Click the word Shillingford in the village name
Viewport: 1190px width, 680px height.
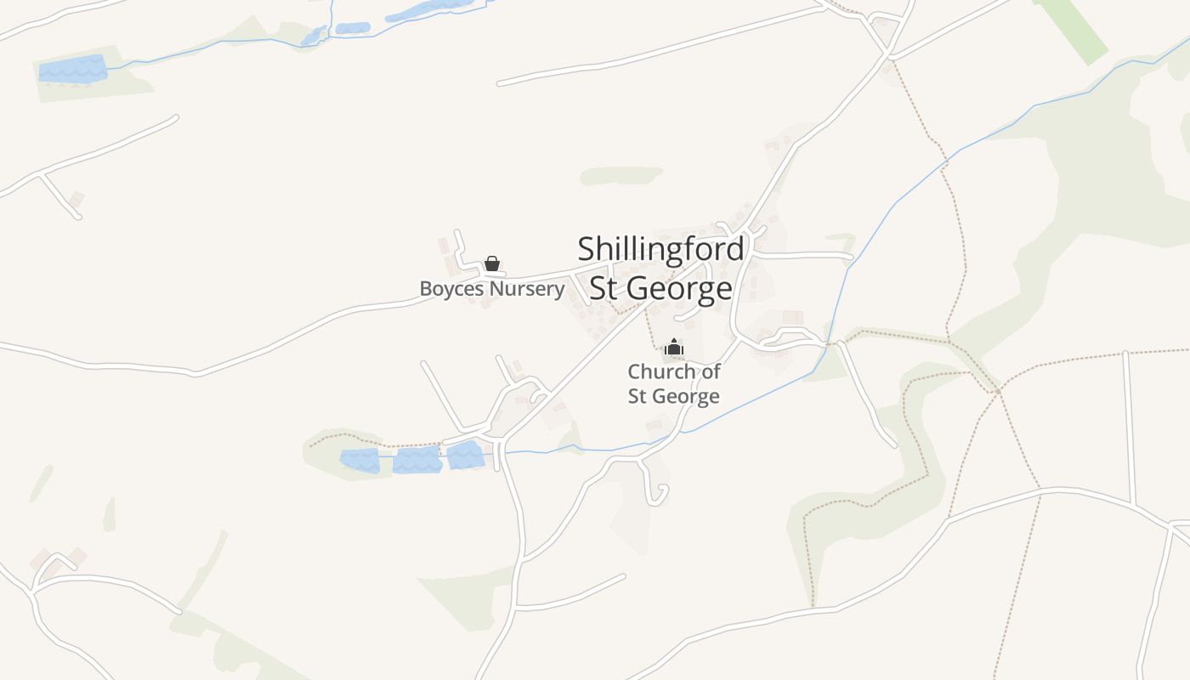(660, 249)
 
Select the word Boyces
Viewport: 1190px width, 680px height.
(451, 289)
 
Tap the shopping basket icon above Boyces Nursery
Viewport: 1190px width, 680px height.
(491, 263)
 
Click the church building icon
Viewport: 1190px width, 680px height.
(674, 347)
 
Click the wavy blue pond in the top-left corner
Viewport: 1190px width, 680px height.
(72, 69)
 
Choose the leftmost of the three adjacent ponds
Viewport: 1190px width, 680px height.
(360, 461)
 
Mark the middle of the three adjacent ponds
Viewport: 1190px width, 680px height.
(416, 460)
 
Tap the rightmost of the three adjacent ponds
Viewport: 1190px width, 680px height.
(465, 456)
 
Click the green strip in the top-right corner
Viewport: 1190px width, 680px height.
(1070, 30)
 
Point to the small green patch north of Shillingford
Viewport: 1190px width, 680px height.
(620, 176)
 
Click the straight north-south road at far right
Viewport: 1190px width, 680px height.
(1130, 425)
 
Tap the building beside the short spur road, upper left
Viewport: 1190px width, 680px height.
(76, 200)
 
